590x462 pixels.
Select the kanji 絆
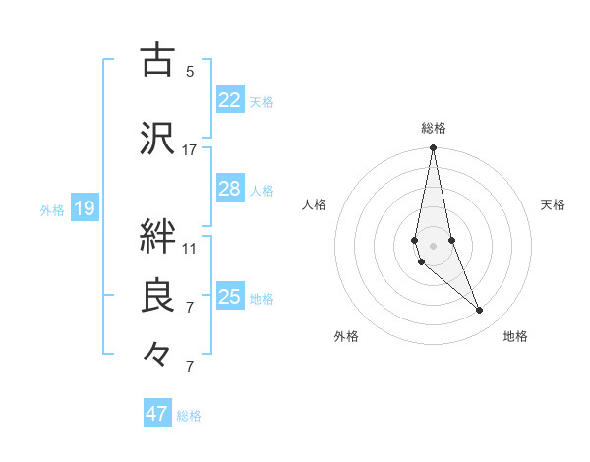(x=158, y=237)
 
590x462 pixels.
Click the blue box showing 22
(x=229, y=99)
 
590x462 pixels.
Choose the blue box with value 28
(x=229, y=189)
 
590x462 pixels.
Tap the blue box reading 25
(x=229, y=297)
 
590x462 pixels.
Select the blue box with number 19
(x=84, y=208)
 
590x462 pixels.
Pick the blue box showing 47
(x=157, y=414)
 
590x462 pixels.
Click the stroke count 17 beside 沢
(x=189, y=150)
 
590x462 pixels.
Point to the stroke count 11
(x=189, y=249)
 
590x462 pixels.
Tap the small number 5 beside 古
(x=190, y=71)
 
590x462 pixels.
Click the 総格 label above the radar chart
(x=434, y=128)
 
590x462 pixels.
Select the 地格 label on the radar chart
(x=515, y=336)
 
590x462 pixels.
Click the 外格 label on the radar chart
(x=346, y=336)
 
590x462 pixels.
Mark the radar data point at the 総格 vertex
(x=433, y=148)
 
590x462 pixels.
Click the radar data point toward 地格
(x=480, y=311)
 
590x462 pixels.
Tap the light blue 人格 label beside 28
(x=262, y=190)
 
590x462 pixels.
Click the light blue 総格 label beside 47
(x=189, y=416)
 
